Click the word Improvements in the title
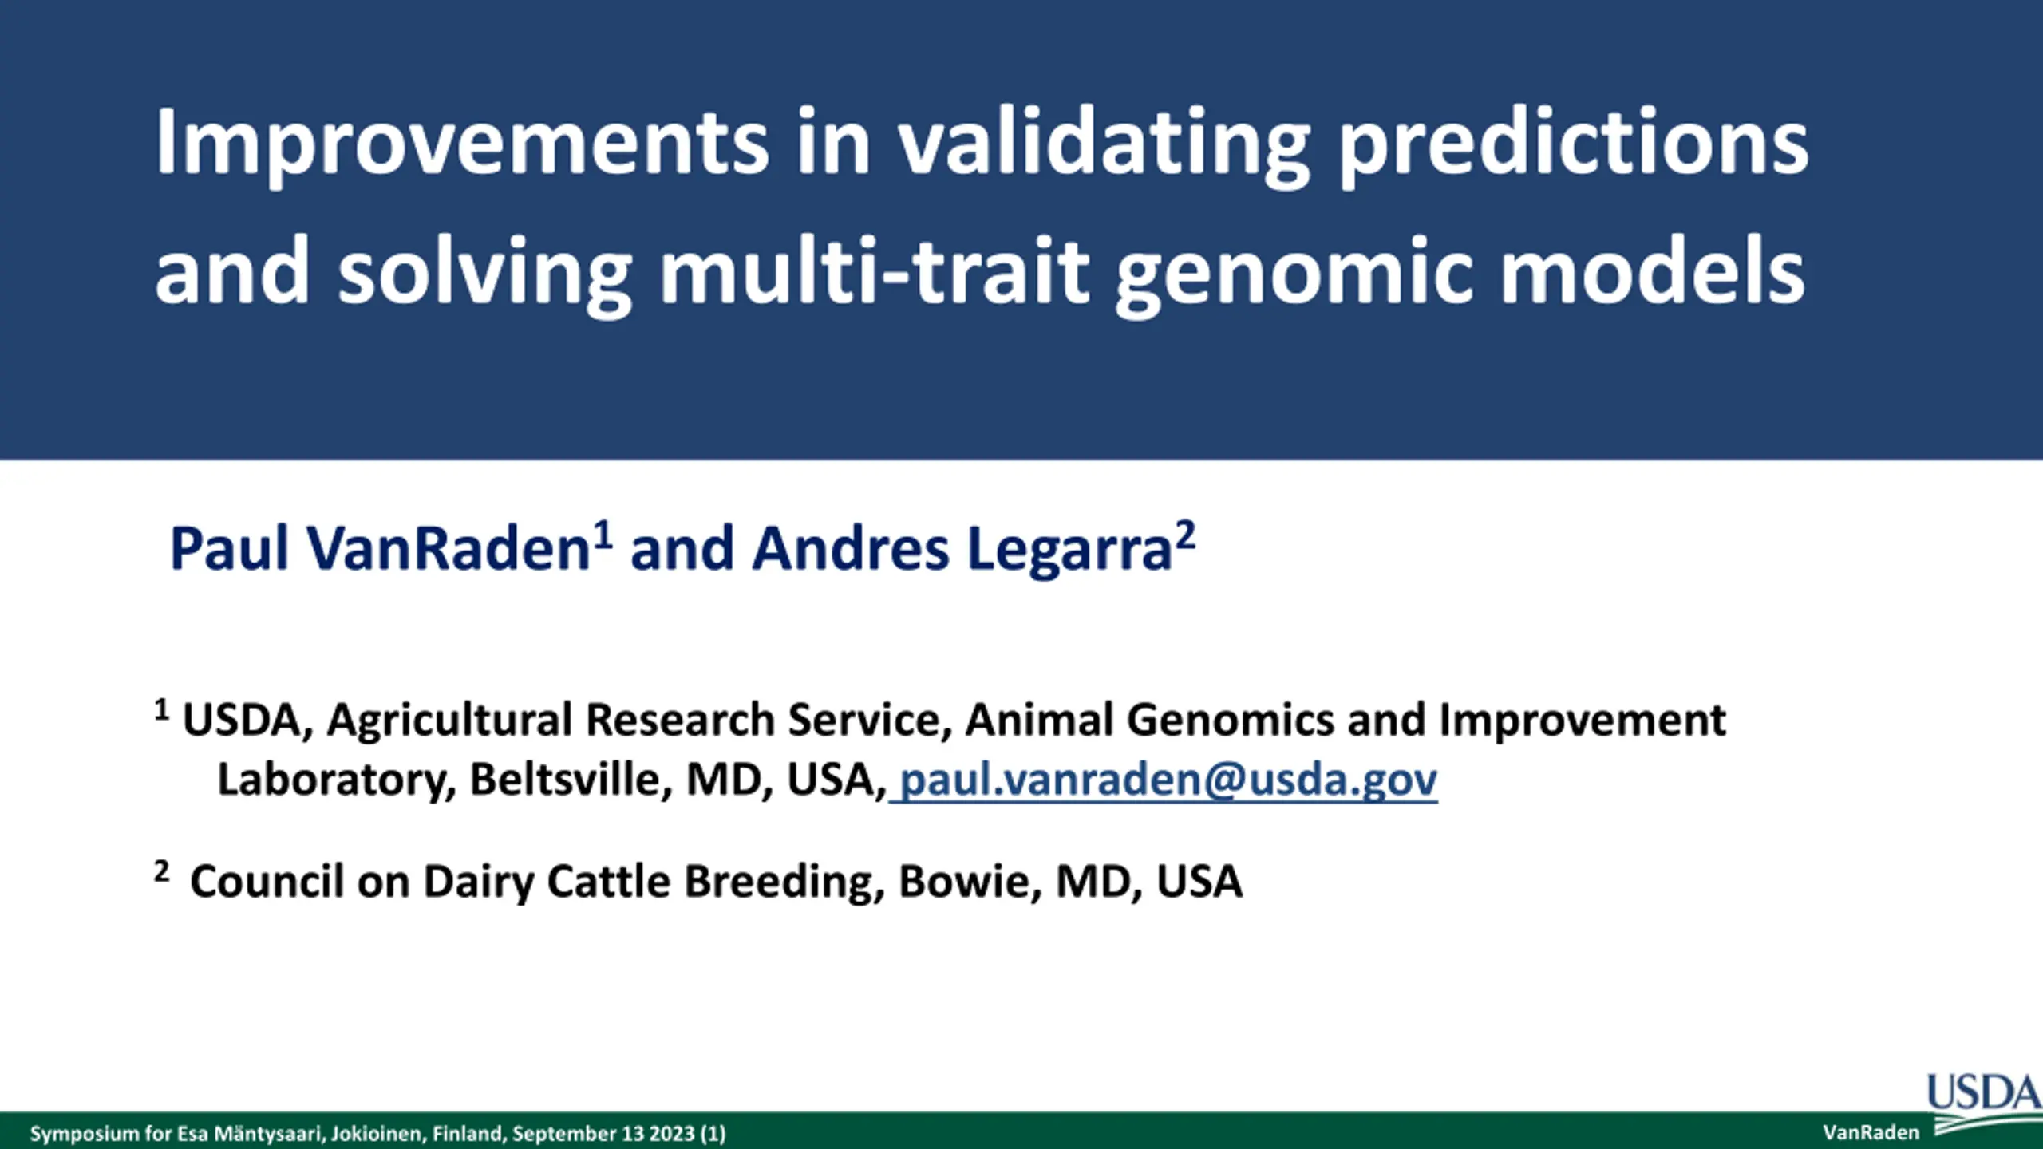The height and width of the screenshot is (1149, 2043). [462, 144]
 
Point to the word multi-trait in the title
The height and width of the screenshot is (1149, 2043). [875, 271]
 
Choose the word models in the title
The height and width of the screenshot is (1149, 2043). [1652, 271]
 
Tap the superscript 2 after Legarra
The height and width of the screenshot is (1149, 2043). [1185, 535]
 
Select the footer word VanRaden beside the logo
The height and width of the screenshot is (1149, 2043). [1871, 1133]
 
